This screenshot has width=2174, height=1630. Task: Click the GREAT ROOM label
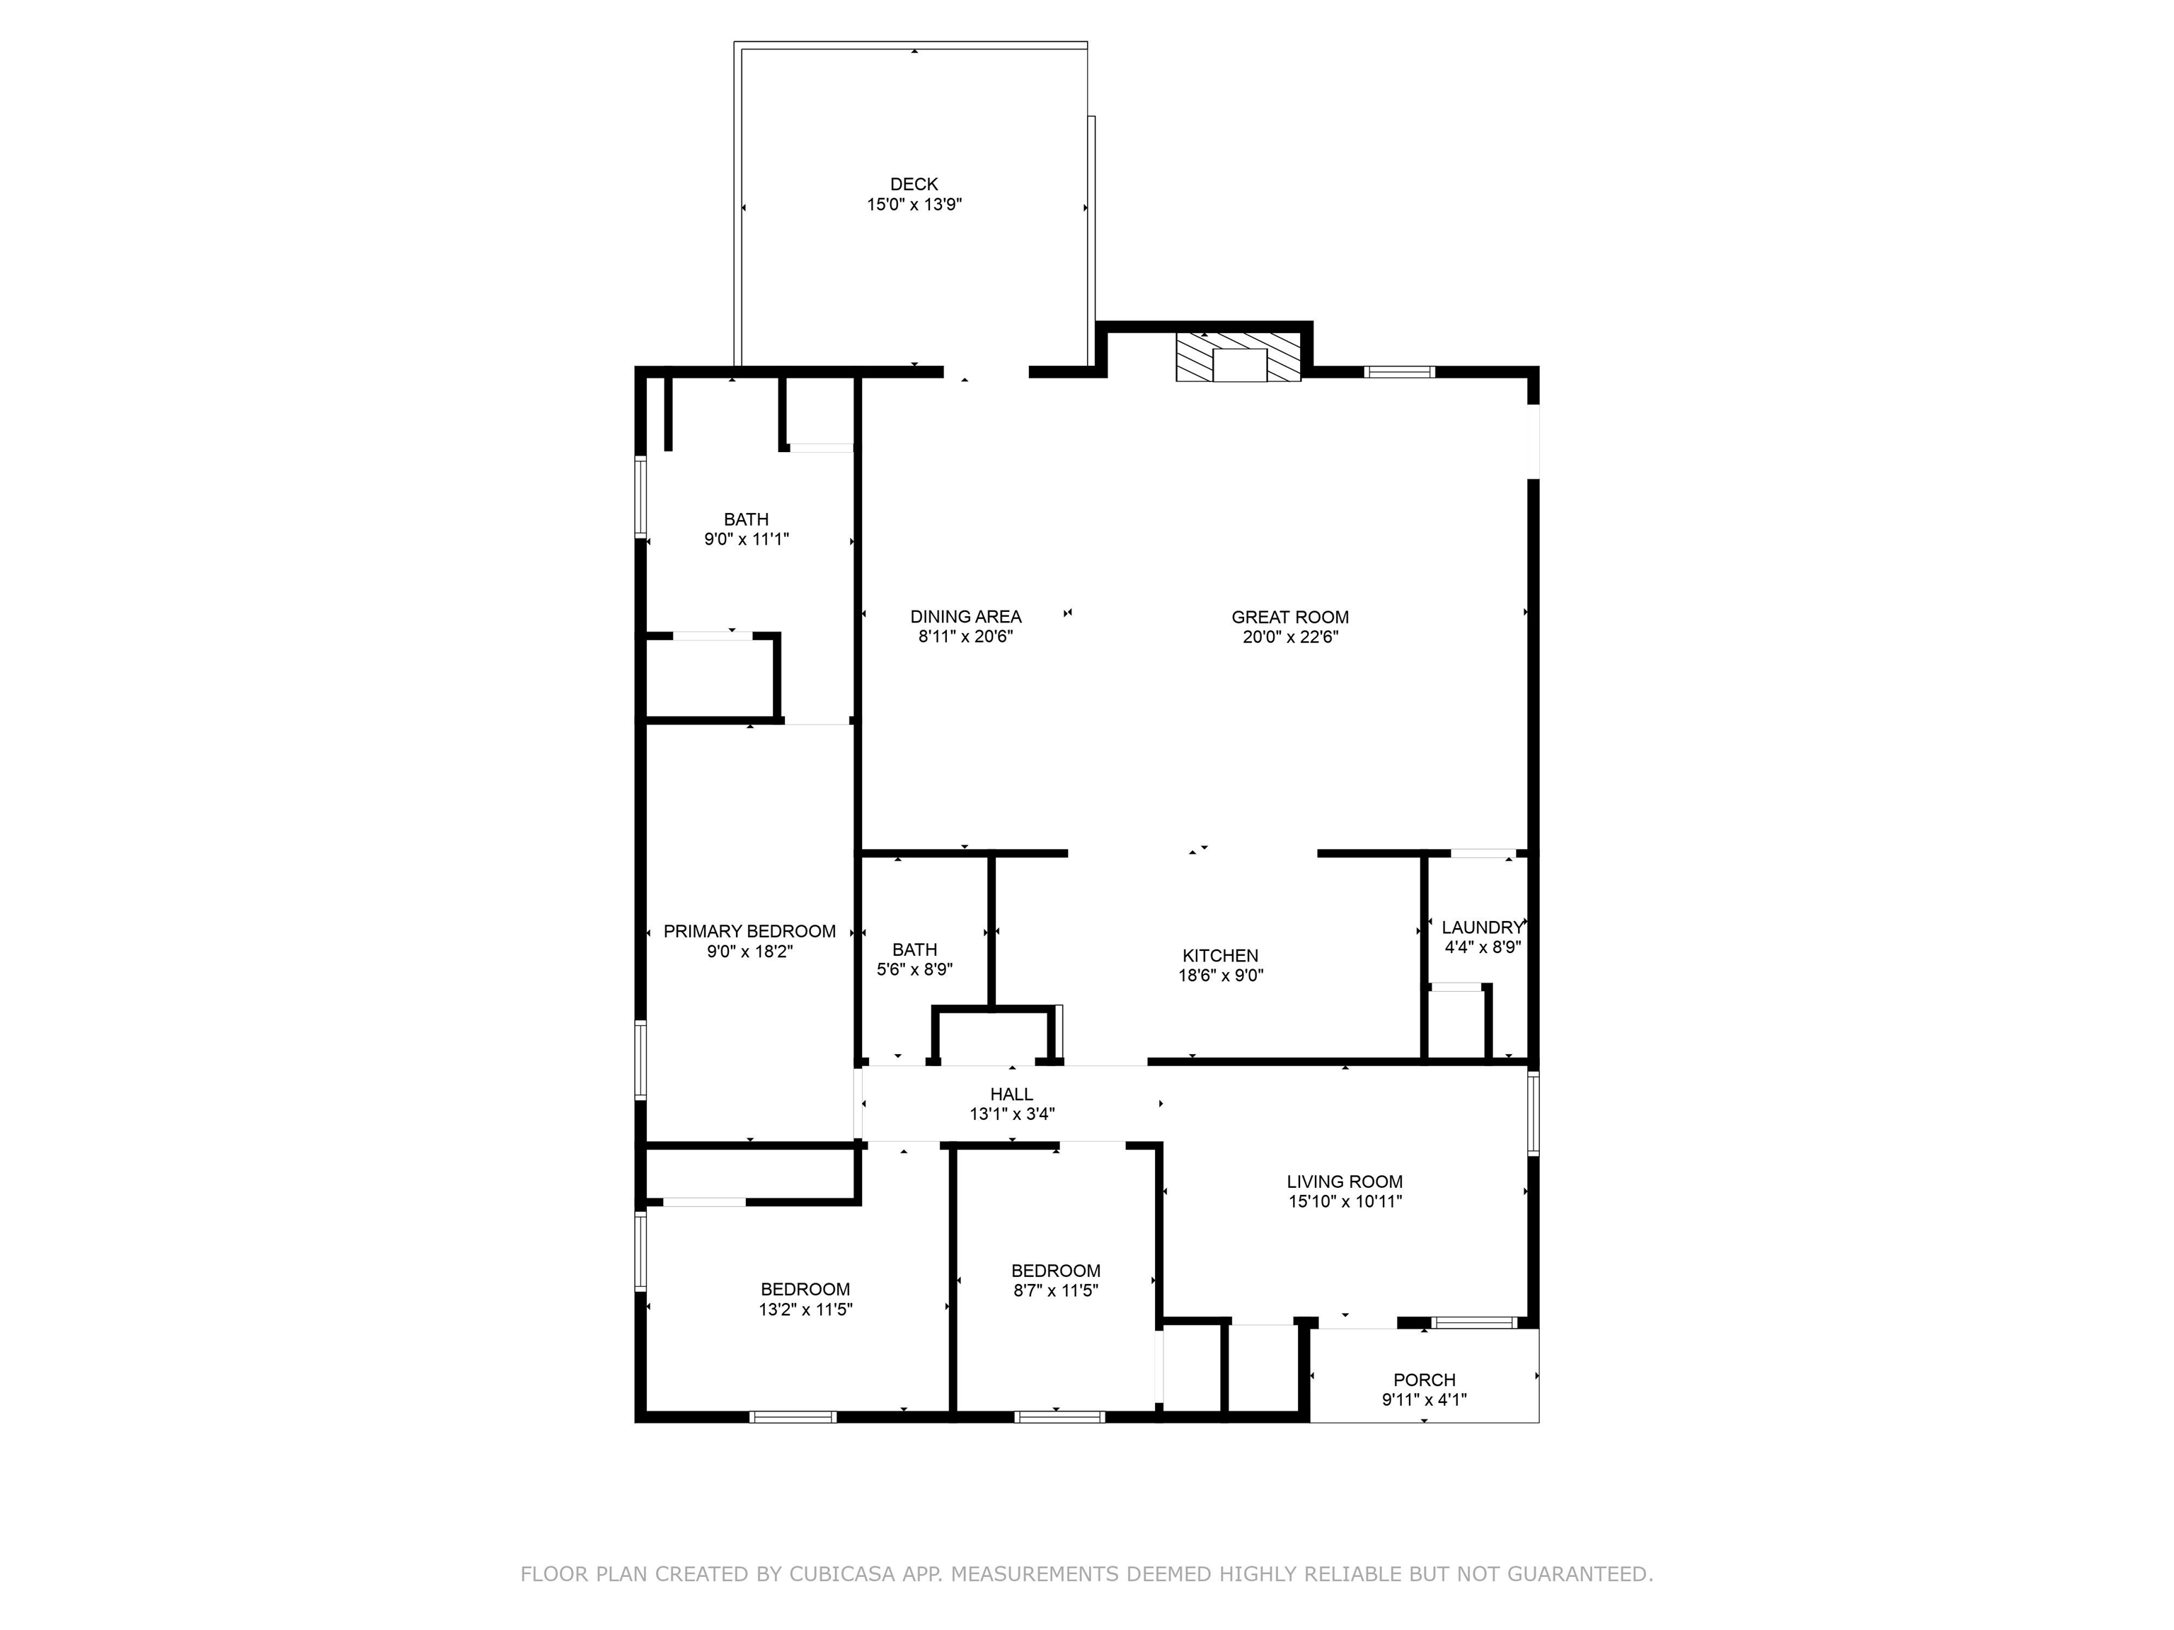1289,617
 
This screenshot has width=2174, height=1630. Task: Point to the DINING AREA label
965,616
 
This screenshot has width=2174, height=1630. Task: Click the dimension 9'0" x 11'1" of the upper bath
746,539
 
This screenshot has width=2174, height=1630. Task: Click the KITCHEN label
1219,955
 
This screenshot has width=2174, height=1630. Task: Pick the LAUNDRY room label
1481,927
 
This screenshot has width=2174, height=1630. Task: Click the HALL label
1011,1094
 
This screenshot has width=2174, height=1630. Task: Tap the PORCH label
1424,1380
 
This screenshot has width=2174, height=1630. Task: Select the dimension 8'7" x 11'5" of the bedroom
1056,1290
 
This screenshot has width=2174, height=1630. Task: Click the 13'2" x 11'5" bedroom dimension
805,1310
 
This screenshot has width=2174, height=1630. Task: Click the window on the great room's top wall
1398,371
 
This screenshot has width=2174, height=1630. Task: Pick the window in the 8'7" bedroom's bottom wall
1059,1416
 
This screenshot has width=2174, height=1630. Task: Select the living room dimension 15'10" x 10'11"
1345,1201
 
